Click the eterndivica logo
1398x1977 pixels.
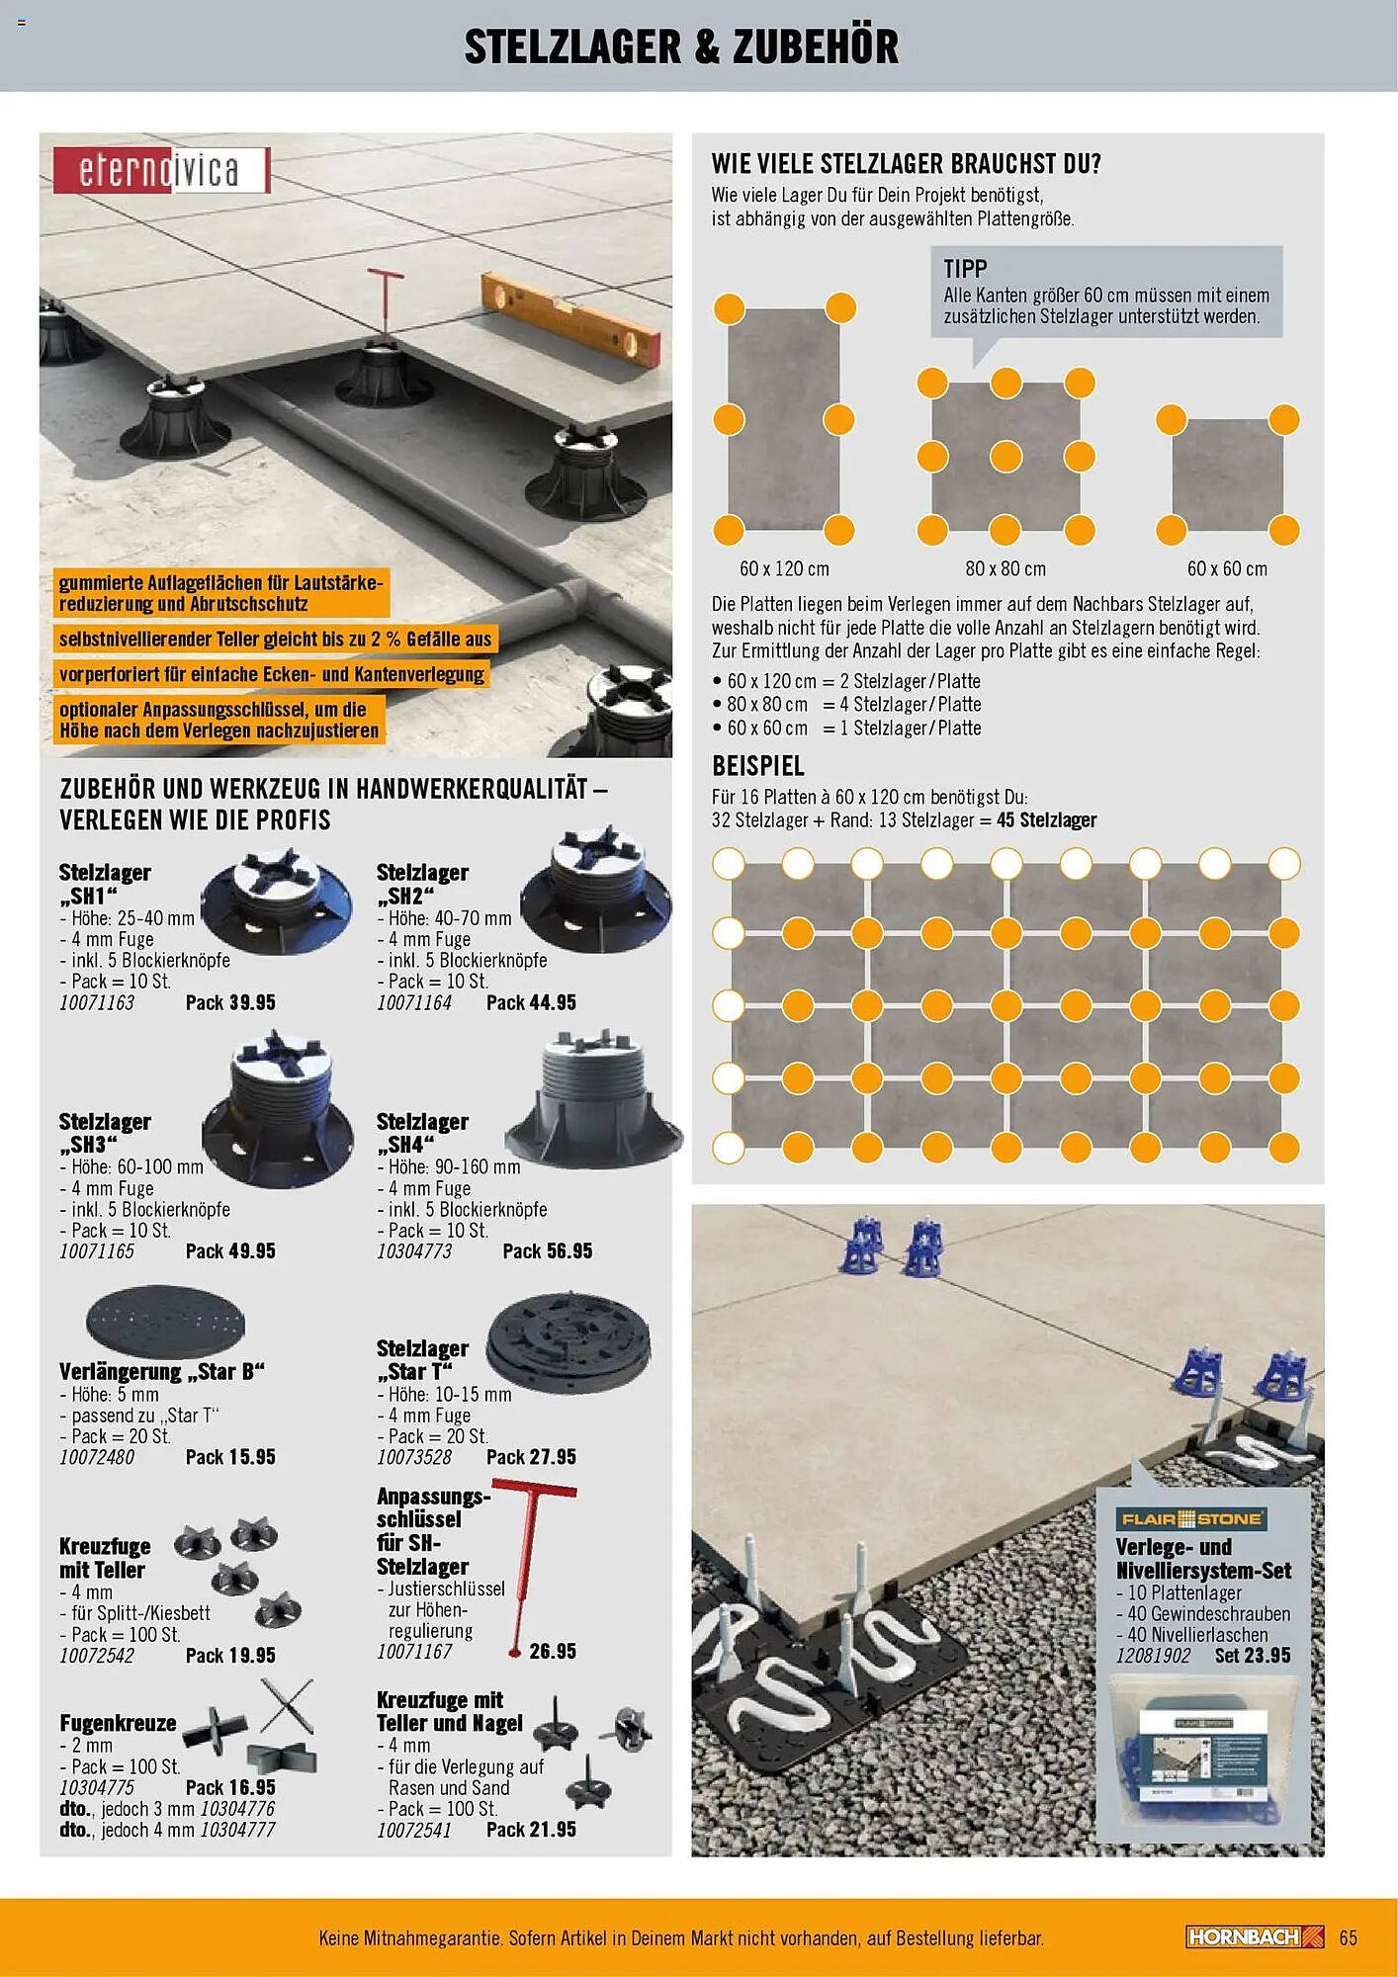[160, 170]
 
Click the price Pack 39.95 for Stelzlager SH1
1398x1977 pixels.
[230, 1002]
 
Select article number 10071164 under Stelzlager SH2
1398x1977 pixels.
[413, 1002]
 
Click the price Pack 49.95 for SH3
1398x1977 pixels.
[230, 1250]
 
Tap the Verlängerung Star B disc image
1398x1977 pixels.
[165, 1321]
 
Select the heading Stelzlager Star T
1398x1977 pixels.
[422, 1359]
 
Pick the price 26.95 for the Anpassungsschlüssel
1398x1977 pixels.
[552, 1651]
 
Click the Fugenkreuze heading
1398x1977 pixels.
[118, 1723]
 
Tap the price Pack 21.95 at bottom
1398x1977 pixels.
[531, 1830]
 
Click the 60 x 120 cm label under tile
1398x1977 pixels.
[784, 568]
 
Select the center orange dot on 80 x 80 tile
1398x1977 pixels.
[1005, 456]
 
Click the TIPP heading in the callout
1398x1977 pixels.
[965, 269]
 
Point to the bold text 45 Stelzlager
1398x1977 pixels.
[1046, 819]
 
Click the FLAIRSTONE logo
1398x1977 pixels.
[1191, 1518]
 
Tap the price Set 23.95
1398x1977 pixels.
[1253, 1655]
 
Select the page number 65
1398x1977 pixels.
[1349, 1937]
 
